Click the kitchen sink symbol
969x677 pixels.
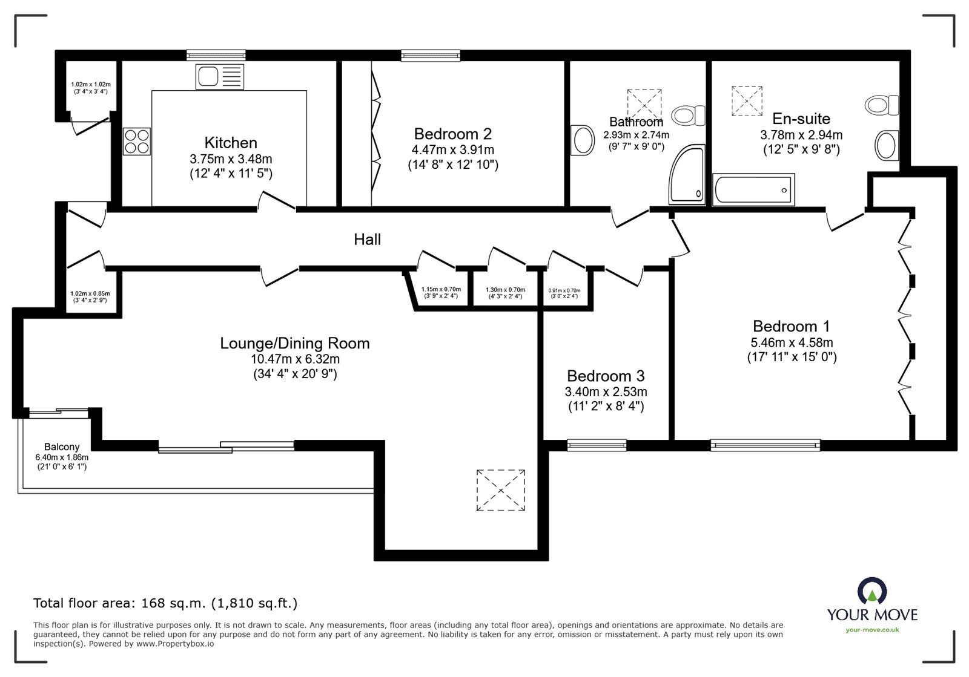tap(219, 77)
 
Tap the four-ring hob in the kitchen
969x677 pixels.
tap(137, 142)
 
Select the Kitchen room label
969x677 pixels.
tap(231, 143)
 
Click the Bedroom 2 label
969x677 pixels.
tap(453, 134)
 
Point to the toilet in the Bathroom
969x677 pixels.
tap(688, 116)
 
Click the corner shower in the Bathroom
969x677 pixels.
tap(687, 174)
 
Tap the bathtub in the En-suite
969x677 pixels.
tap(753, 189)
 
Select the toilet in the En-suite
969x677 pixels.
tap(882, 105)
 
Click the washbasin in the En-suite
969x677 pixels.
tap(887, 145)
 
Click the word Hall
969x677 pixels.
tap(367, 240)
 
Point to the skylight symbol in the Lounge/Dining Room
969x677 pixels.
tap(500, 490)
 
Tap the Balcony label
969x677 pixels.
tap(62, 446)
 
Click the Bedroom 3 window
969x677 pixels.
tap(597, 445)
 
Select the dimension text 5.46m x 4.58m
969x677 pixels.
tap(792, 342)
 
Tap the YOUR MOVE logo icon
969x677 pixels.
tap(873, 590)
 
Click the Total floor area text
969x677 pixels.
tap(165, 603)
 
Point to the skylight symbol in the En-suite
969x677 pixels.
tap(747, 101)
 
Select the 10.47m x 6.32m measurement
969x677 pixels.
tap(295, 359)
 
